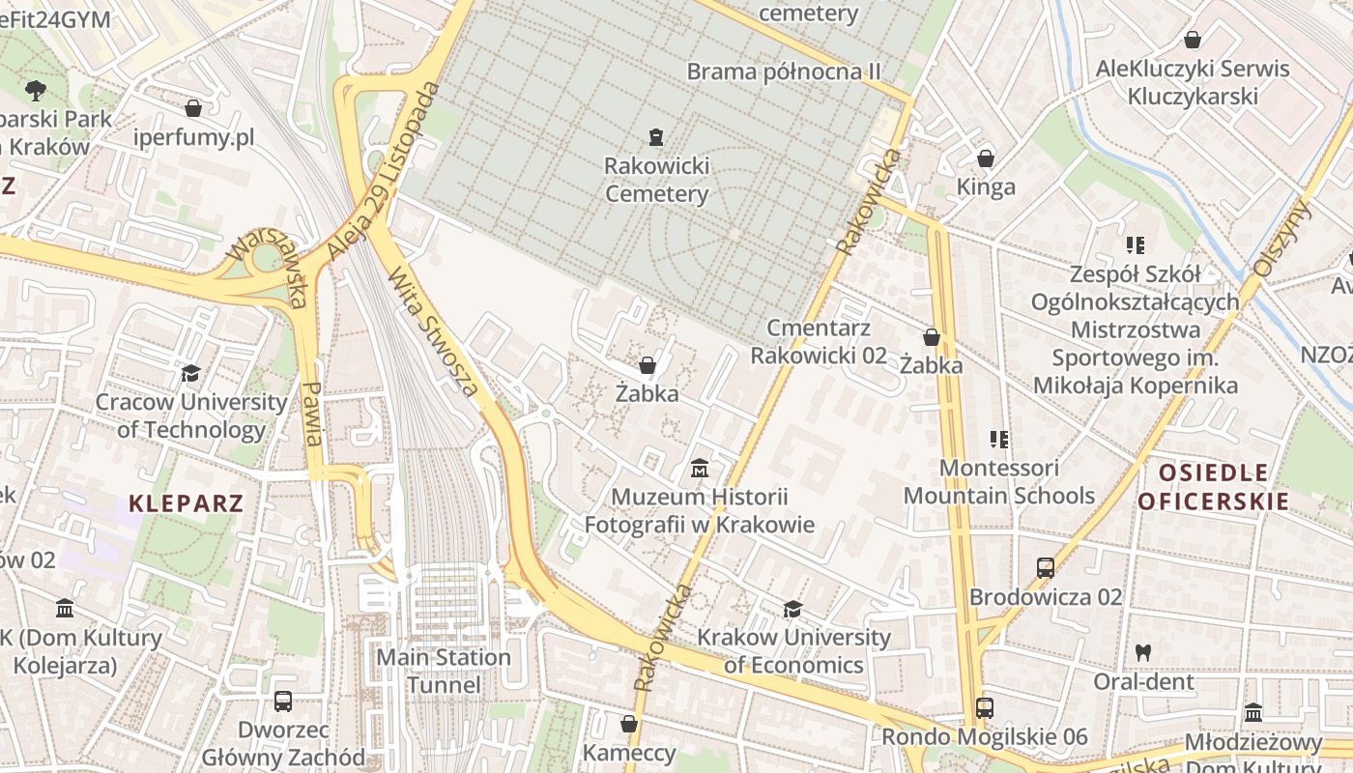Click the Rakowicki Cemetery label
pos(656,180)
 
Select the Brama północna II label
pos(784,72)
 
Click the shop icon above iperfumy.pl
pos(193,107)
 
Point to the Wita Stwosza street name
pos(433,331)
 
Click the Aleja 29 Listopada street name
pos(384,171)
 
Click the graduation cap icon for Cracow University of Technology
pos(191,373)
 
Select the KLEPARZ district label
pos(187,503)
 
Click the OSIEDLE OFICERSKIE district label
pos(1213,487)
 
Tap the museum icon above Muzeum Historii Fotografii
pos(700,469)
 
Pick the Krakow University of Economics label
pos(793,651)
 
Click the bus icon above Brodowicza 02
pos(1046,567)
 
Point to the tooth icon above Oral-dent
pos(1143,652)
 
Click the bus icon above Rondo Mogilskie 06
pos(984,708)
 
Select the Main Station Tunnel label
pos(444,672)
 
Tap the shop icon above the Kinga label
pos(986,157)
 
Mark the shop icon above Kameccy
pos(629,723)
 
